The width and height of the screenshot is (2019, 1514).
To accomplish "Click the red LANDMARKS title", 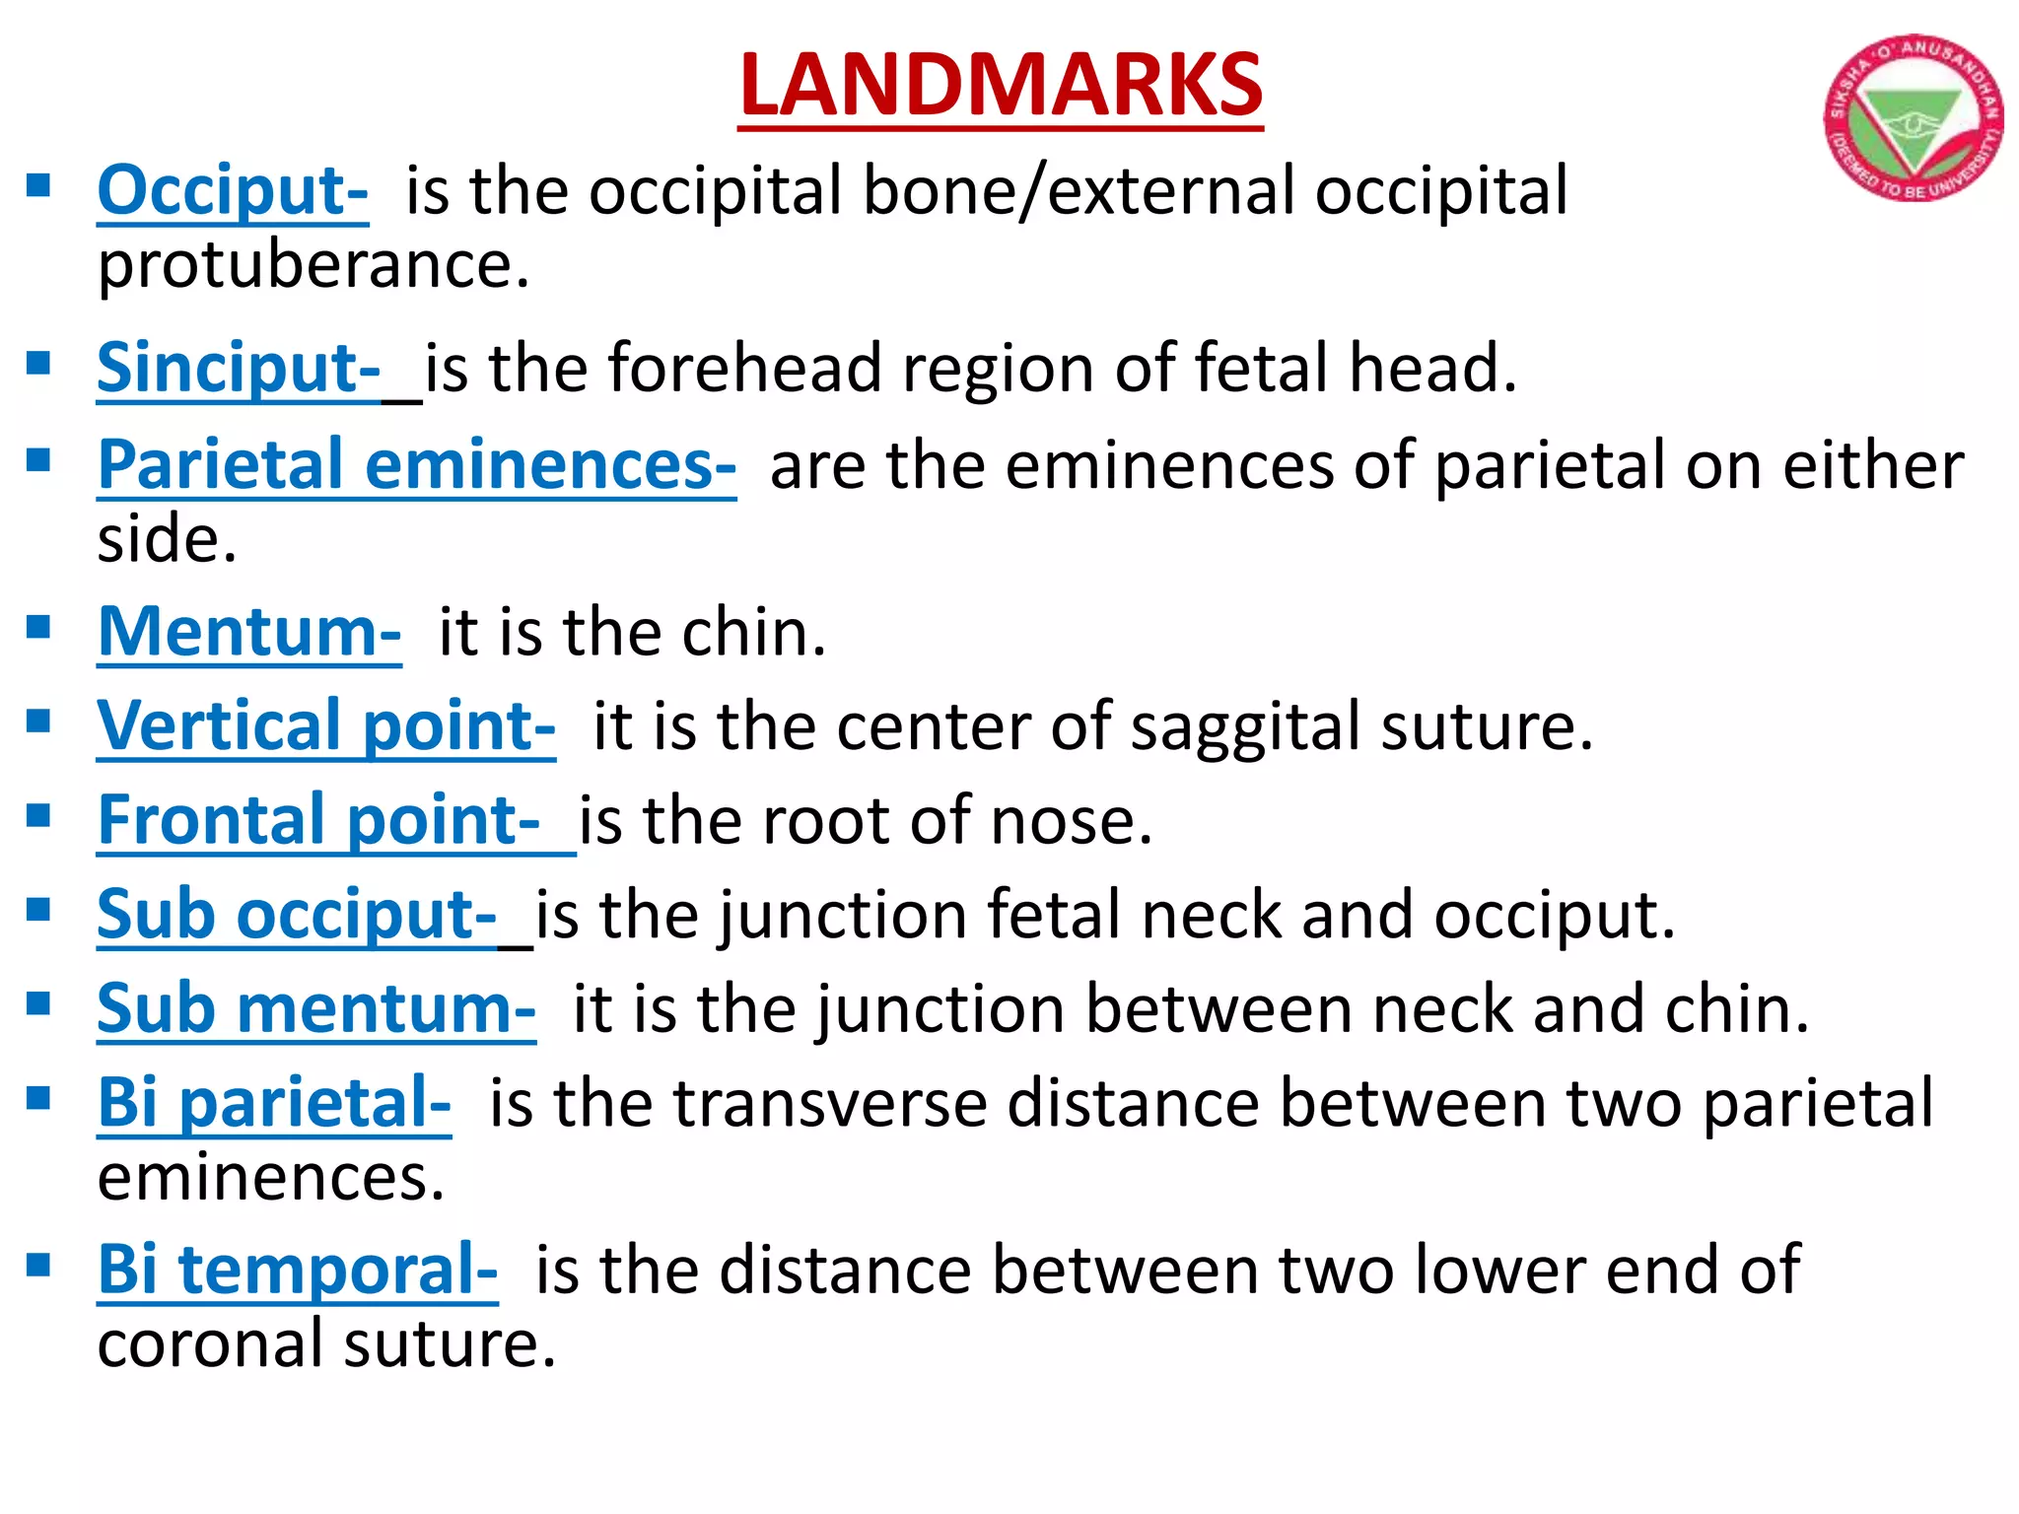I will (1000, 87).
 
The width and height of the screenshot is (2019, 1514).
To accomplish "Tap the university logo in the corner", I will (1913, 118).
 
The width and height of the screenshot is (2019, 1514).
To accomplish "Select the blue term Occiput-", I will (233, 190).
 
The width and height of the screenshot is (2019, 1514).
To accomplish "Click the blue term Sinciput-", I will (239, 368).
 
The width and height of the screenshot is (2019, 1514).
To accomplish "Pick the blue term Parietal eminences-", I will (416, 464).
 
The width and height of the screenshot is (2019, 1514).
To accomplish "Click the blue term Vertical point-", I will (326, 725).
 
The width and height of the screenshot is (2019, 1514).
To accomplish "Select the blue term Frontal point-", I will (319, 820).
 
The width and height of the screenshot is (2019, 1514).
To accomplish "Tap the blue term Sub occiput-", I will (297, 914).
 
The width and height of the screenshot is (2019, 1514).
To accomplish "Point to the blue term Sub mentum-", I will (316, 1008).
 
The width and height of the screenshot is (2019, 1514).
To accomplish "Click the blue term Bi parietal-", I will (274, 1102).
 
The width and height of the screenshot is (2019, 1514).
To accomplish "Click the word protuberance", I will (313, 266).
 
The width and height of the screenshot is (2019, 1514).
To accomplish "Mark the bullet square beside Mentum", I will (38, 627).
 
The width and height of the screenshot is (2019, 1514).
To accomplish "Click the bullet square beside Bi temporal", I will (38, 1265).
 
